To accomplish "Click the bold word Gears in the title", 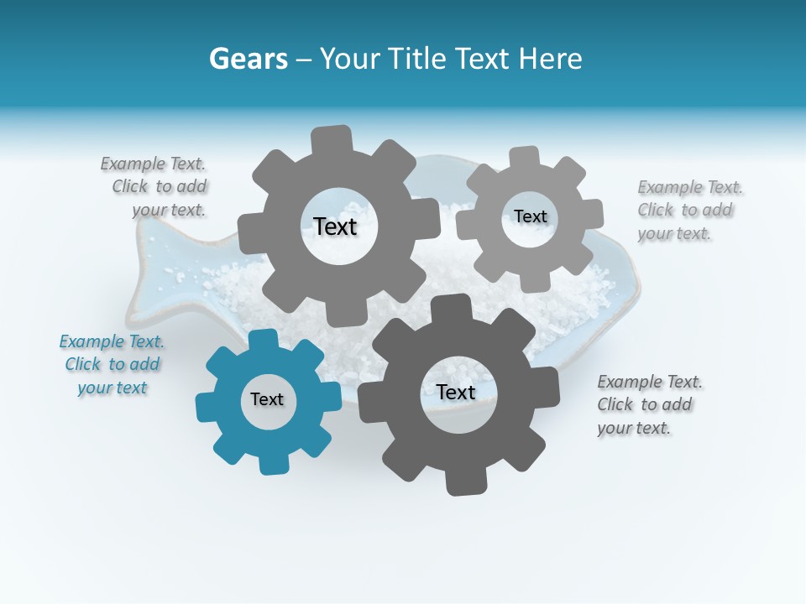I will [248, 59].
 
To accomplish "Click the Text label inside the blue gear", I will [267, 400].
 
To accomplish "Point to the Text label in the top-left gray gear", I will [335, 226].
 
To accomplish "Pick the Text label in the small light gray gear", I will [531, 216].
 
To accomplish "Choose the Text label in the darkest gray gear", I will [456, 393].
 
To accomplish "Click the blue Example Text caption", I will [112, 365].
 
